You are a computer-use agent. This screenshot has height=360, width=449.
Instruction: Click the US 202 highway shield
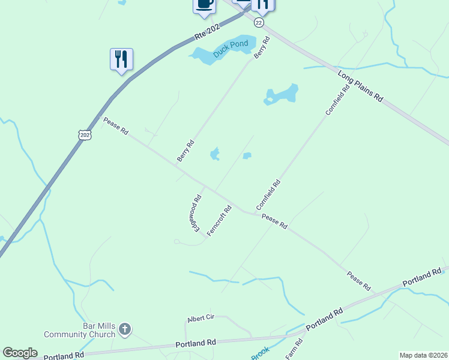coord(85,134)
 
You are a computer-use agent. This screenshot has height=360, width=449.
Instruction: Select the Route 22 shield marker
coord(259,22)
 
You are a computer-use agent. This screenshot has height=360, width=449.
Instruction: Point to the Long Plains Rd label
coord(360,87)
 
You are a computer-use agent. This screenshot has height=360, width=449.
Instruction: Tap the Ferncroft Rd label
coord(220,221)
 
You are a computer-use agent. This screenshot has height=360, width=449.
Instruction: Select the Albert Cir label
coord(200,318)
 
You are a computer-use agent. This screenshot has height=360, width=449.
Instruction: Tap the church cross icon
coord(125,329)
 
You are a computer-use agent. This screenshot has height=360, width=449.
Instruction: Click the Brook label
coord(260,354)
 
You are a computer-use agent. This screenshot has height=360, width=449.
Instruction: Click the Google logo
coord(20,353)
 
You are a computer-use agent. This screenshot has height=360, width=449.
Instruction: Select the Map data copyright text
coord(423,355)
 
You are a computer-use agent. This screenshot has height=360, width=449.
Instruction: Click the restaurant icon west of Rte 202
coord(122,59)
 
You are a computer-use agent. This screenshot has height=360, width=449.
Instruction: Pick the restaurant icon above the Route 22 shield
coord(262,5)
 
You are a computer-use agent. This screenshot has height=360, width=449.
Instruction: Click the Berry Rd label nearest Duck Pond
coord(262,47)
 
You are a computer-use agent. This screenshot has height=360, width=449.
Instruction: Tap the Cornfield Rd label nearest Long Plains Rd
coord(337,101)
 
